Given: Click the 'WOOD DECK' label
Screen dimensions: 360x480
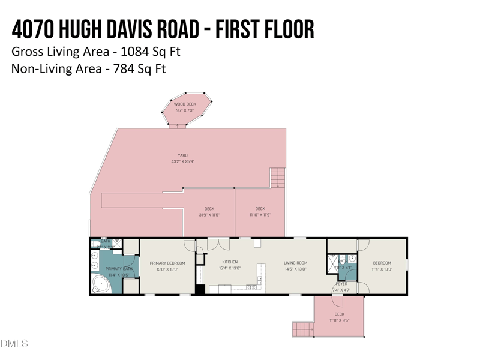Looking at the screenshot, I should (x=185, y=104).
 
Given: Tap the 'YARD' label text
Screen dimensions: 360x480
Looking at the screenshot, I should (x=182, y=155).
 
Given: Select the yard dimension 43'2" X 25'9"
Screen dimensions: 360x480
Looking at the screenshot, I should (x=182, y=161).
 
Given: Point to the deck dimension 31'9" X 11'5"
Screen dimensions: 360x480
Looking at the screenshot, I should (x=209, y=215).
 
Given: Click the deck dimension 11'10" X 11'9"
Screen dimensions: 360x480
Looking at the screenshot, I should (x=260, y=215).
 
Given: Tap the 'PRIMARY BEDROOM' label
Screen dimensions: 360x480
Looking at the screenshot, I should (x=167, y=263).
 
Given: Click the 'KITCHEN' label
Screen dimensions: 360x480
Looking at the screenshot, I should (x=230, y=262).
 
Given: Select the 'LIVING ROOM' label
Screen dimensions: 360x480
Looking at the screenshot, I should (x=295, y=263).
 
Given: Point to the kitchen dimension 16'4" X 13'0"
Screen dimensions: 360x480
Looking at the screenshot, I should (x=230, y=269).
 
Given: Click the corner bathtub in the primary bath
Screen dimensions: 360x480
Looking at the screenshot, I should (x=101, y=285).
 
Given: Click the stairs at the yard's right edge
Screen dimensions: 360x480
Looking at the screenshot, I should (x=278, y=178).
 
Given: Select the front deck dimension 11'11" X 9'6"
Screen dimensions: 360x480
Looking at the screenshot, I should (x=339, y=320).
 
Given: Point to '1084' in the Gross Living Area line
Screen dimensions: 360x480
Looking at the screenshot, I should (x=134, y=52).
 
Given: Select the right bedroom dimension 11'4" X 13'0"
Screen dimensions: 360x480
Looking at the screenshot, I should (x=382, y=269).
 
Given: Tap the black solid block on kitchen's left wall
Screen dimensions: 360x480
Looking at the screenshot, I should (x=200, y=289).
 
